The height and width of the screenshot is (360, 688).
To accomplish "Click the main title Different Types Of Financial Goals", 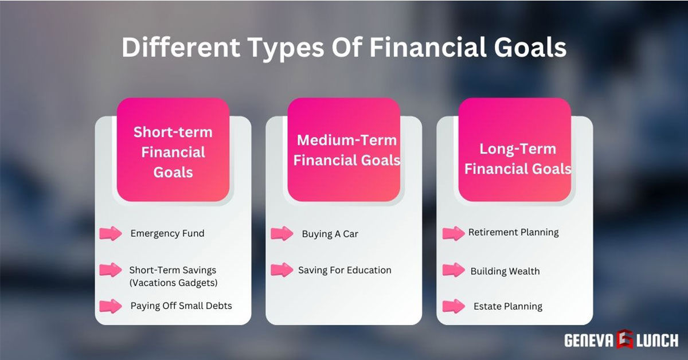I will (x=344, y=48).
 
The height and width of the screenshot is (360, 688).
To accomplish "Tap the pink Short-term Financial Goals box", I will (x=173, y=150).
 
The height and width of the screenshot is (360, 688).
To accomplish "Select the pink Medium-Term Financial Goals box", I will (x=344, y=150).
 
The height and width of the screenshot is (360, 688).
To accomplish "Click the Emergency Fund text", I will (x=167, y=233).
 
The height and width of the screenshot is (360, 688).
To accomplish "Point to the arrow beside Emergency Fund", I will (x=111, y=233).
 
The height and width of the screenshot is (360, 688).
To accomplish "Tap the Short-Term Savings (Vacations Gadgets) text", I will (x=173, y=276).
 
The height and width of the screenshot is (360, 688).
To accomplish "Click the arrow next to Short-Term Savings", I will (x=111, y=269).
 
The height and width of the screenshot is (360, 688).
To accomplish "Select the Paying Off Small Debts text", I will (x=181, y=306).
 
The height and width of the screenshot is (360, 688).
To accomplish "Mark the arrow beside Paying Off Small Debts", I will (x=111, y=306).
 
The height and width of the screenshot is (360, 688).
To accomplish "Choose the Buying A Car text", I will (x=330, y=234).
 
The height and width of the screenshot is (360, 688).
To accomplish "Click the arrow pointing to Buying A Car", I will (x=282, y=233).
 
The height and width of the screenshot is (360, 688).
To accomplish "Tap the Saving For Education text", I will (x=345, y=269).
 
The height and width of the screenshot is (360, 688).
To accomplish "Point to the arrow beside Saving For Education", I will (x=282, y=269).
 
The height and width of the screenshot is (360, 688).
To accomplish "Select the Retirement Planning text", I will (x=514, y=232).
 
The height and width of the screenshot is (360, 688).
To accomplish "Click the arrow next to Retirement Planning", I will (x=454, y=233).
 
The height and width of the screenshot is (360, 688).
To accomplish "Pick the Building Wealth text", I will (x=505, y=271).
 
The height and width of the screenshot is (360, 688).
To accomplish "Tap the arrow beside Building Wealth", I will (x=454, y=269).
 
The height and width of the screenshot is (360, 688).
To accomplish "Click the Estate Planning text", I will (x=508, y=306).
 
